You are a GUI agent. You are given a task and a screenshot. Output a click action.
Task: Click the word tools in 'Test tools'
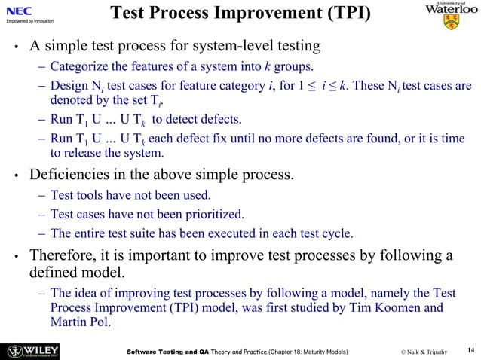pos(92,197)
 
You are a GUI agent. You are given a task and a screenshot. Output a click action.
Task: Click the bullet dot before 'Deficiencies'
pos(15,178)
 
